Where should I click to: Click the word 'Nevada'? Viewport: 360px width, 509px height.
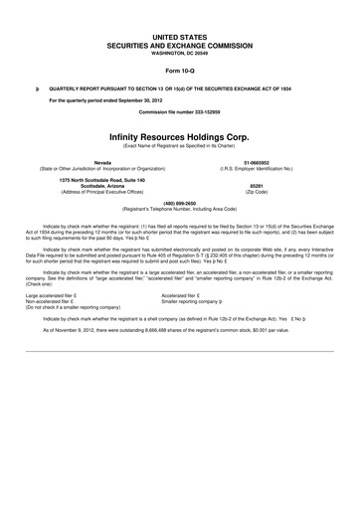tap(101, 160)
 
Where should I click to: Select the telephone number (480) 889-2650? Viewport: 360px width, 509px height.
tap(179, 205)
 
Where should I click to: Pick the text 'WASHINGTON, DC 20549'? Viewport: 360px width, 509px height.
tap(179, 53)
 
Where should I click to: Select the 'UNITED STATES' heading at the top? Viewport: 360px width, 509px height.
tap(179, 37)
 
